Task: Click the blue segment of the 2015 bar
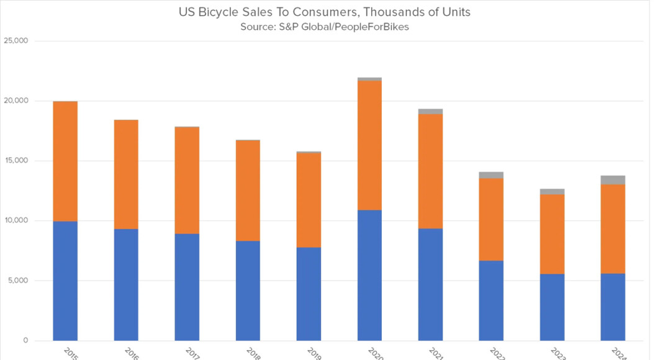[x=65, y=281]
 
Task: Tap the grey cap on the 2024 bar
[x=613, y=180]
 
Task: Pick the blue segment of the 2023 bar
[x=552, y=307]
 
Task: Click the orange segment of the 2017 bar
[x=187, y=180]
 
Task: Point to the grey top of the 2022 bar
[x=492, y=175]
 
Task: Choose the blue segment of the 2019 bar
[x=309, y=294]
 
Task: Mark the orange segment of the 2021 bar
[x=431, y=171]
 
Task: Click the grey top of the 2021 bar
[x=431, y=112]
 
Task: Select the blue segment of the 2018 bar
[x=248, y=290]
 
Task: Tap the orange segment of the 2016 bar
[x=126, y=174]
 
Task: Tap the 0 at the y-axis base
[x=26, y=341]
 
